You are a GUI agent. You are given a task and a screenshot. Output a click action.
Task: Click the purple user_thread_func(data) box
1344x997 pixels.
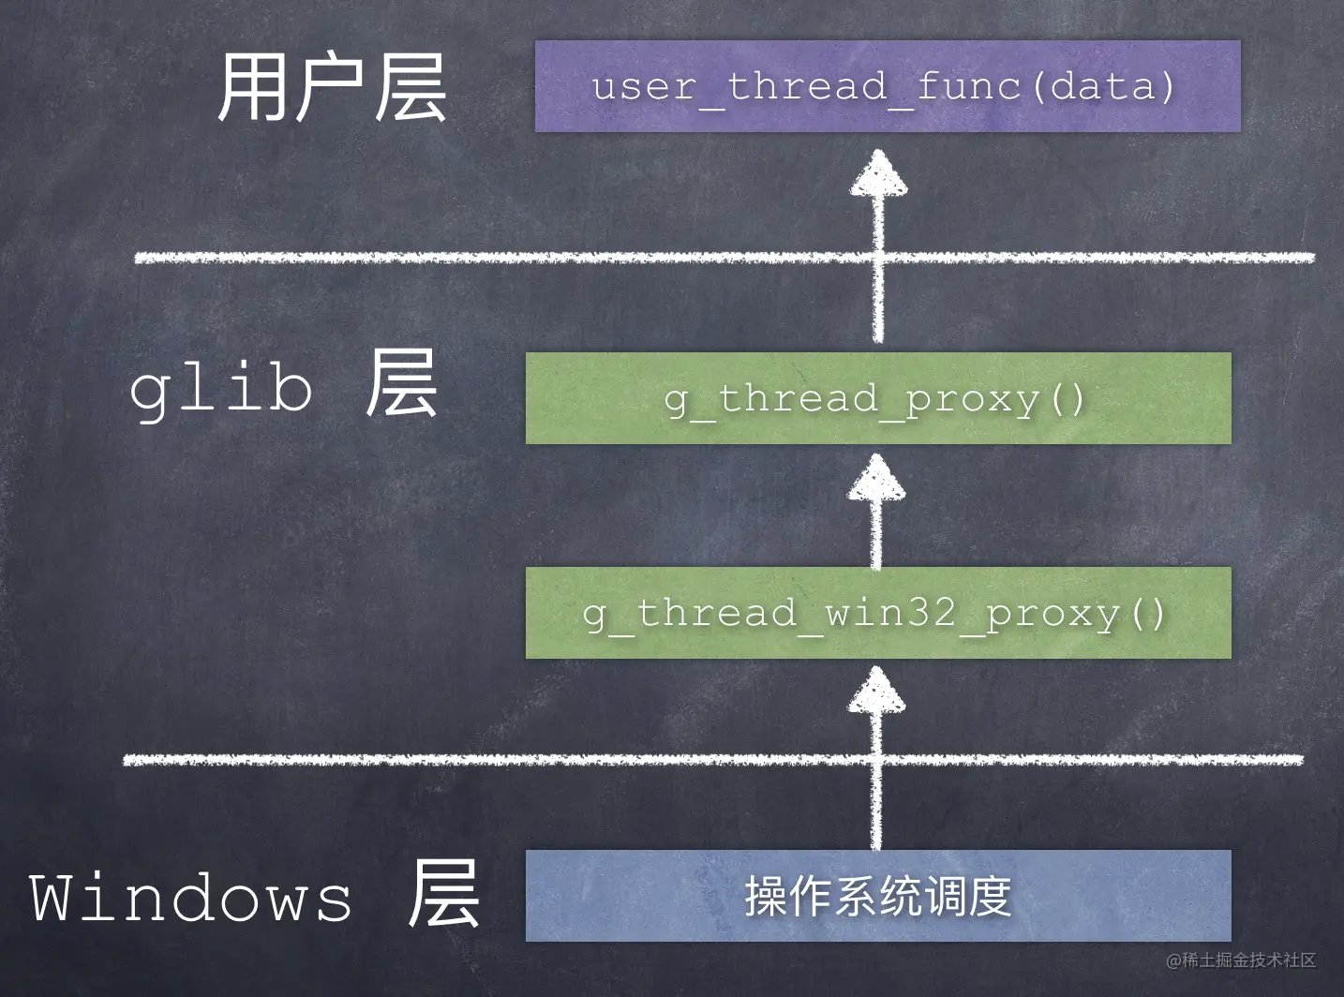tap(888, 86)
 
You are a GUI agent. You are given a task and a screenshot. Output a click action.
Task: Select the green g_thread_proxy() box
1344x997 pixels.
tap(878, 398)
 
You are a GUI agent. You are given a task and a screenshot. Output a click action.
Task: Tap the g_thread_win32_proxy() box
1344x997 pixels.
tap(878, 613)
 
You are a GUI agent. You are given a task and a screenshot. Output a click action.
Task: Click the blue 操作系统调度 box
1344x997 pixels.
tap(878, 896)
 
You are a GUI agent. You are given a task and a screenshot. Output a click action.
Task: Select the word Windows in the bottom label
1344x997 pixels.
tap(190, 899)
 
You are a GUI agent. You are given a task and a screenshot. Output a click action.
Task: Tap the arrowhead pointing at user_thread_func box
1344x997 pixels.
tap(878, 173)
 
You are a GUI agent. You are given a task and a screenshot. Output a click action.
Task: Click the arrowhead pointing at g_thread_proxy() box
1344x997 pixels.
tap(877, 478)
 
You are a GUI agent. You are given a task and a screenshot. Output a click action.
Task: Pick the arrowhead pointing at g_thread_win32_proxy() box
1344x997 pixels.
tap(877, 690)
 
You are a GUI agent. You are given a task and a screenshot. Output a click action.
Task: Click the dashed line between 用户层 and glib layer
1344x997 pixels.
tap(724, 258)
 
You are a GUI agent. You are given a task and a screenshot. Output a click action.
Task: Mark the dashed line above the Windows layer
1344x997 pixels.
tap(713, 759)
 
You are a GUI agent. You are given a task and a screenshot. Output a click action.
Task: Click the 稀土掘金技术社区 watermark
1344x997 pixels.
tap(1242, 960)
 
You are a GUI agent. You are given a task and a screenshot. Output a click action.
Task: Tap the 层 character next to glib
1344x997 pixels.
tap(401, 383)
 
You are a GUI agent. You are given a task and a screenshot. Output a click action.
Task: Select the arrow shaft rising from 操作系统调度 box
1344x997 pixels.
tap(876, 781)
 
